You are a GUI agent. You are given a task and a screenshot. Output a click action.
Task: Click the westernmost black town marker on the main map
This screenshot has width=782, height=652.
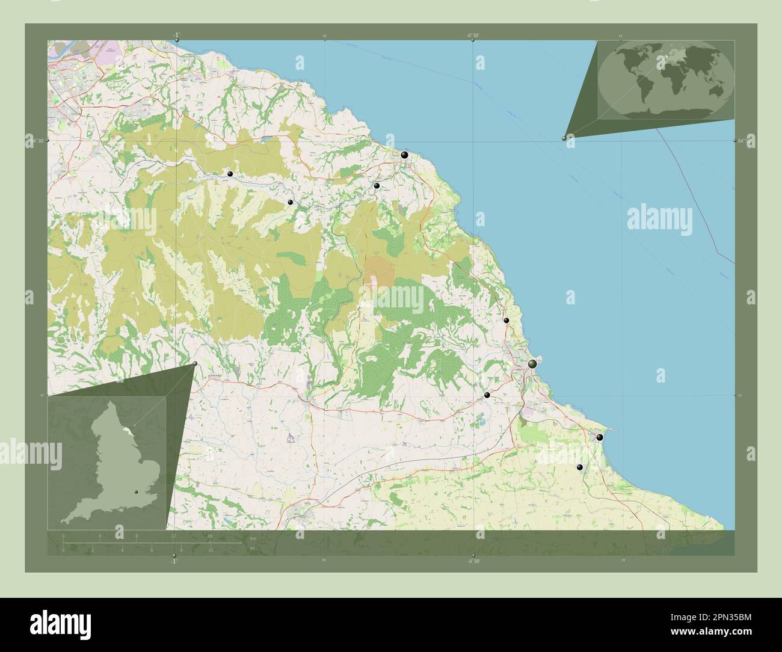coord(230,174)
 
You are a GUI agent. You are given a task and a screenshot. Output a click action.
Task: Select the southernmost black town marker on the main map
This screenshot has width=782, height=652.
coord(580,467)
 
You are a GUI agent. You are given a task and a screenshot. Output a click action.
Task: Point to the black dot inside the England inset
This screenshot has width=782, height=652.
coord(137,493)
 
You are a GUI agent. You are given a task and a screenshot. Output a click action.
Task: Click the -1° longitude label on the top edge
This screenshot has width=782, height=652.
coord(176,35)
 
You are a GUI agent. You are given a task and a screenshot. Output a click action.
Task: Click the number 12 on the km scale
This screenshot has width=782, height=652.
coord(173,535)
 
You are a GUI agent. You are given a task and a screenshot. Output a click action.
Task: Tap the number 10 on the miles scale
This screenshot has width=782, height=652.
coord(211,550)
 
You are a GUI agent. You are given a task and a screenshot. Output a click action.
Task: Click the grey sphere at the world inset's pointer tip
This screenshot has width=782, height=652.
coord(564,138)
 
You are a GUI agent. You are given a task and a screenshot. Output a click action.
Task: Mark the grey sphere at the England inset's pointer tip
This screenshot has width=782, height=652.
coord(194,364)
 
